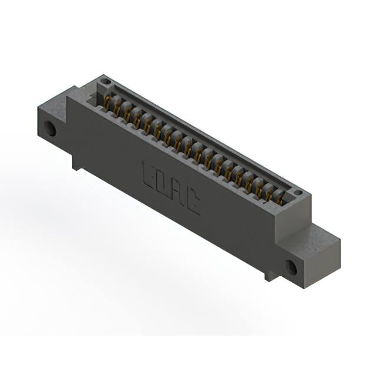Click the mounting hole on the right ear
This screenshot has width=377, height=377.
click(292, 266)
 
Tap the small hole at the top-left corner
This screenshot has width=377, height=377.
click(105, 81)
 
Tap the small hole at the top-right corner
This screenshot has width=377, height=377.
click(298, 192)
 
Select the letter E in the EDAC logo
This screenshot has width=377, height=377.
click(150, 172)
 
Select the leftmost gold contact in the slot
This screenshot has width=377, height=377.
click(108, 103)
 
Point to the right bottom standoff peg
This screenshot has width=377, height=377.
click(270, 274)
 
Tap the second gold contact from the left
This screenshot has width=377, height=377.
click(118, 108)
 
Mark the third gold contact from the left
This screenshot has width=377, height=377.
click(128, 114)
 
